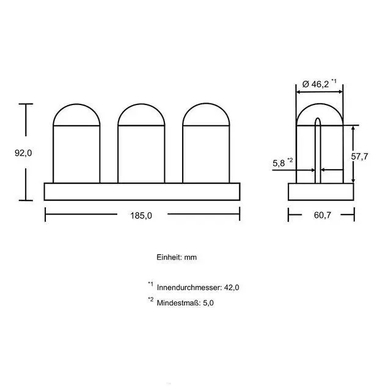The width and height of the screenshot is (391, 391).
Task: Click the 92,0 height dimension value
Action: click(23, 153)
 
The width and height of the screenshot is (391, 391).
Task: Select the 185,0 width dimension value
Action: click(141, 216)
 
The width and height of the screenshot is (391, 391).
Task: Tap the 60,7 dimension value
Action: click(323, 215)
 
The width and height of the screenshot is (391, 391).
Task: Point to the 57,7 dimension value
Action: click(359, 156)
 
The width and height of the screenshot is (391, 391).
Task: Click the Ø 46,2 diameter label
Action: click(315, 84)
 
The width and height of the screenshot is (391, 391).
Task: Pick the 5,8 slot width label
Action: click(279, 163)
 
